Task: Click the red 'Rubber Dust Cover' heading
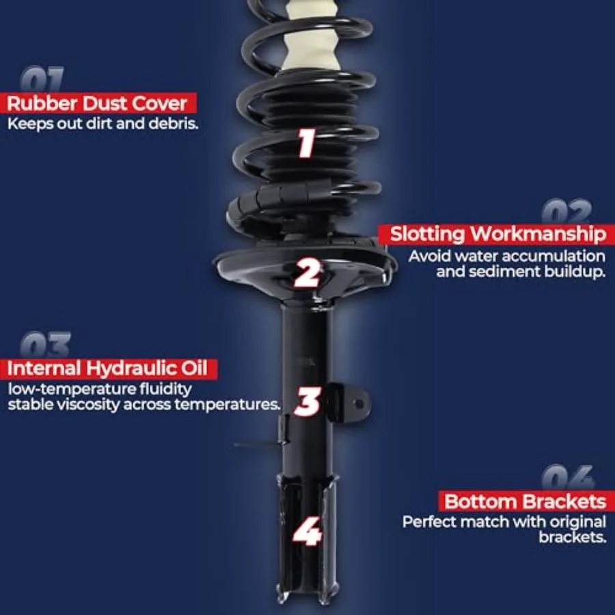(97, 104)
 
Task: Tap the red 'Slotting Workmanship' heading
(498, 234)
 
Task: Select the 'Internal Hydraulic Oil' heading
(107, 369)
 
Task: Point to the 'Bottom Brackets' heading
(525, 502)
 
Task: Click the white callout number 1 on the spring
(306, 143)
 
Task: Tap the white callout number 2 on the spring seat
(307, 273)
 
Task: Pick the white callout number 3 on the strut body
(308, 401)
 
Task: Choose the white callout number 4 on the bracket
(307, 532)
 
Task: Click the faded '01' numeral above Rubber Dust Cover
(42, 79)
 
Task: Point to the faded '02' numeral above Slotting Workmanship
(566, 211)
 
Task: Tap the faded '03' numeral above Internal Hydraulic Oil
(46, 344)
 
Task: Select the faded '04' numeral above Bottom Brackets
(569, 478)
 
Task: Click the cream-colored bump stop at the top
(311, 38)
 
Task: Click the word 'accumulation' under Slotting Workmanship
(553, 256)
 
